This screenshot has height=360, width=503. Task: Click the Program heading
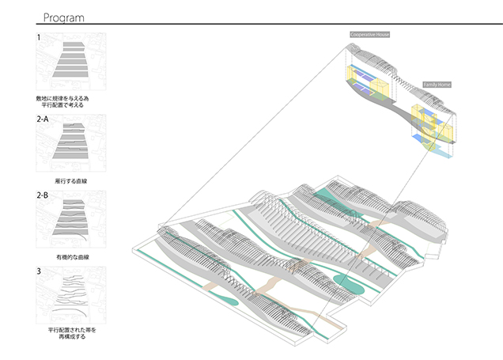pos(65,17)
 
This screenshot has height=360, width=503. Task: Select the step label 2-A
pos(43,119)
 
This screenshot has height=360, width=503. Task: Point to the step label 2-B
pos(43,194)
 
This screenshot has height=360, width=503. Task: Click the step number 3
pos(38,271)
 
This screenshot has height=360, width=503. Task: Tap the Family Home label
pos(436,83)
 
